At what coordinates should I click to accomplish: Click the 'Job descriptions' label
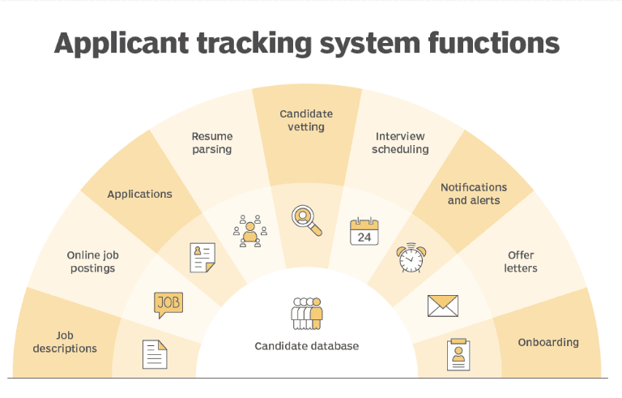click(x=65, y=342)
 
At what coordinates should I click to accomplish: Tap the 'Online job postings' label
click(x=92, y=262)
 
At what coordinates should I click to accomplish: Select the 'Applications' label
click(x=139, y=195)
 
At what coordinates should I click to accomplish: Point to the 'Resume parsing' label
click(x=211, y=143)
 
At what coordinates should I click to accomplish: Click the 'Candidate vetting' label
click(x=306, y=120)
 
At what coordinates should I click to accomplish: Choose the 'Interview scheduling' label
click(x=400, y=143)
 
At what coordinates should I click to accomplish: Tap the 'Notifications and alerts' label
click(x=474, y=194)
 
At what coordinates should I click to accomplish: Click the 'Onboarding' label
click(x=548, y=342)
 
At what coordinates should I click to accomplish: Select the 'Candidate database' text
click(x=306, y=346)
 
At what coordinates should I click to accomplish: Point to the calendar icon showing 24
click(x=364, y=232)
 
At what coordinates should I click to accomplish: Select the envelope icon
click(x=442, y=306)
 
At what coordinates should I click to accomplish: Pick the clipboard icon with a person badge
click(x=458, y=354)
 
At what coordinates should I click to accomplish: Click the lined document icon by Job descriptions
click(x=155, y=354)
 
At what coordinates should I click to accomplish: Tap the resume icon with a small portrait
click(x=202, y=258)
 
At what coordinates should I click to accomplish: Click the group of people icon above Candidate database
click(x=306, y=313)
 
